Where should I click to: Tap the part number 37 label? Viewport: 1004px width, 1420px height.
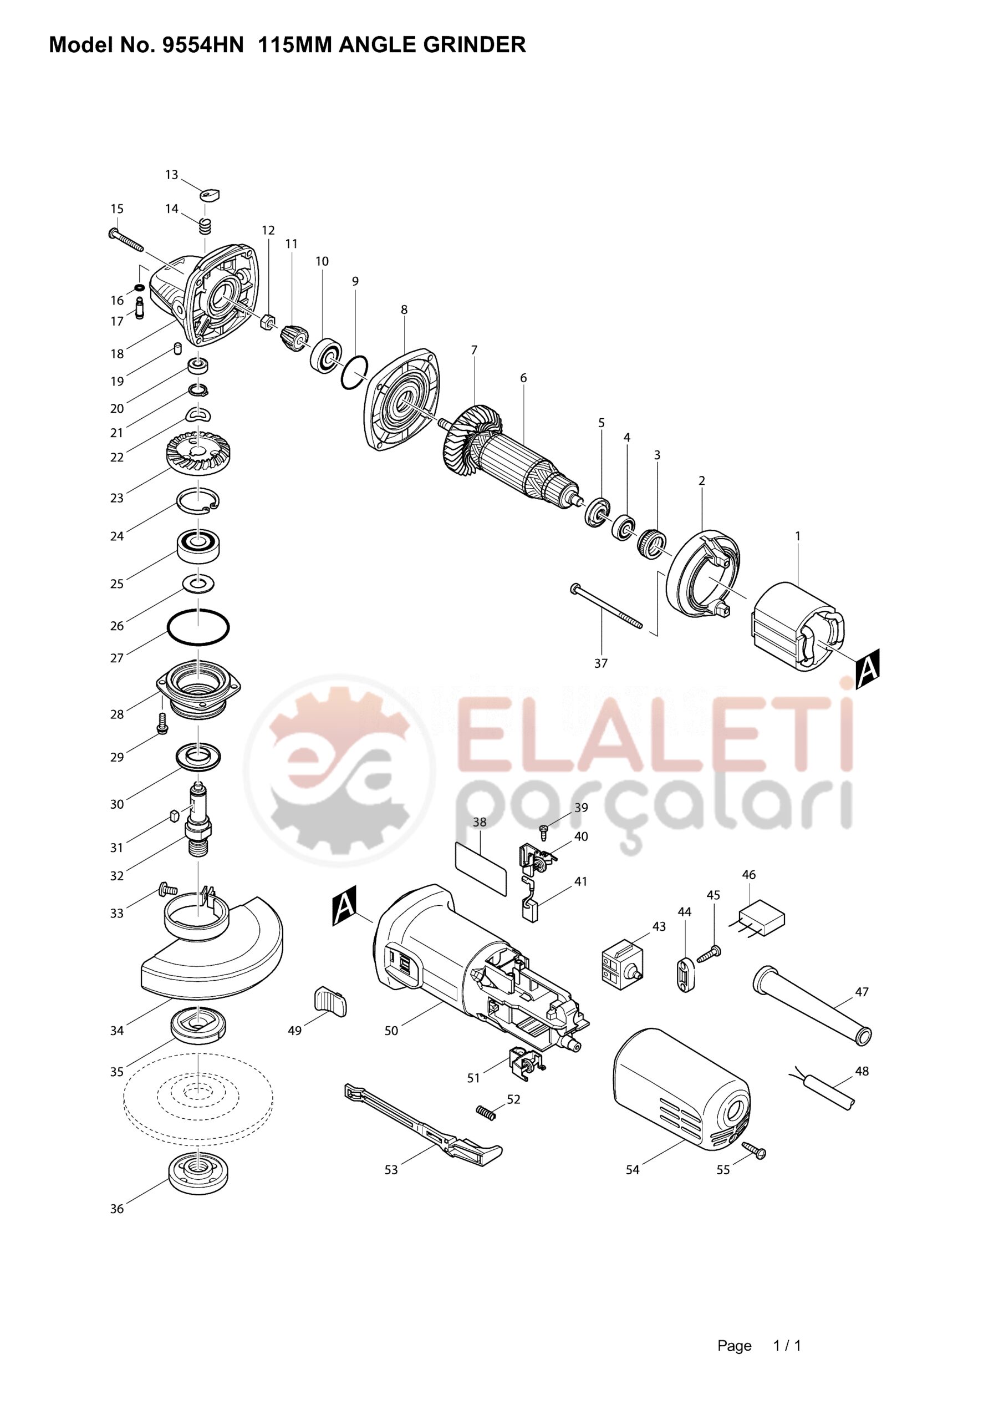(601, 663)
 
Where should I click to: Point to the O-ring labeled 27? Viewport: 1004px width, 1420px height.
(198, 628)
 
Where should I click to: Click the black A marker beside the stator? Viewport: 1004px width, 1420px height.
(868, 668)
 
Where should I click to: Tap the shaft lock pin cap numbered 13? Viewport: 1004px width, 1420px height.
(211, 195)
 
